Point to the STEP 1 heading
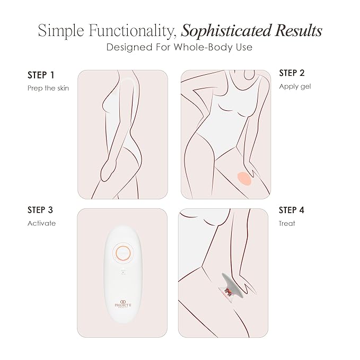pos(41,74)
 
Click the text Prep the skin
pos(48,88)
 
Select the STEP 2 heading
pos(292,73)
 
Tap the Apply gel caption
pos(295,86)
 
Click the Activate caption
pos(41,223)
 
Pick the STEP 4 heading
pos(292,210)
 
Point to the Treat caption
pos(287,223)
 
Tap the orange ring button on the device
pos(122,253)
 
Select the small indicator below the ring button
pos(122,273)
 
